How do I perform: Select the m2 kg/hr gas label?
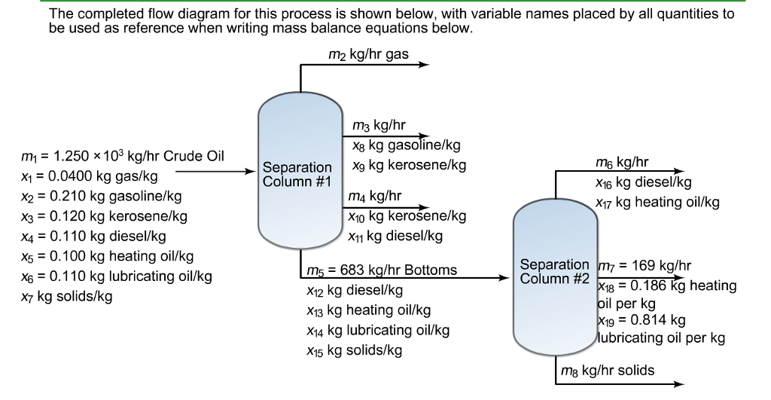pyautogui.click(x=368, y=55)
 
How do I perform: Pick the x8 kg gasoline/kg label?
pyautogui.click(x=406, y=145)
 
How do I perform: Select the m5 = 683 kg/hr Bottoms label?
pyautogui.click(x=382, y=270)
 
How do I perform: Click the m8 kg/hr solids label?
pyautogui.click(x=606, y=370)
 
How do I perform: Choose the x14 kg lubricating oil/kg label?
pyautogui.click(x=377, y=330)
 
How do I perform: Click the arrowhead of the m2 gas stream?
pyautogui.click(x=424, y=66)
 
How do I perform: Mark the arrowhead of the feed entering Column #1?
pyautogui.click(x=252, y=172)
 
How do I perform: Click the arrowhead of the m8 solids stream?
pyautogui.click(x=680, y=383)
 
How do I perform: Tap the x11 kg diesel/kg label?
pyautogui.click(x=395, y=236)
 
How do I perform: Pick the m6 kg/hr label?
pyautogui.click(x=621, y=162)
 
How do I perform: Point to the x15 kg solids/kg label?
pyautogui.click(x=354, y=350)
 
